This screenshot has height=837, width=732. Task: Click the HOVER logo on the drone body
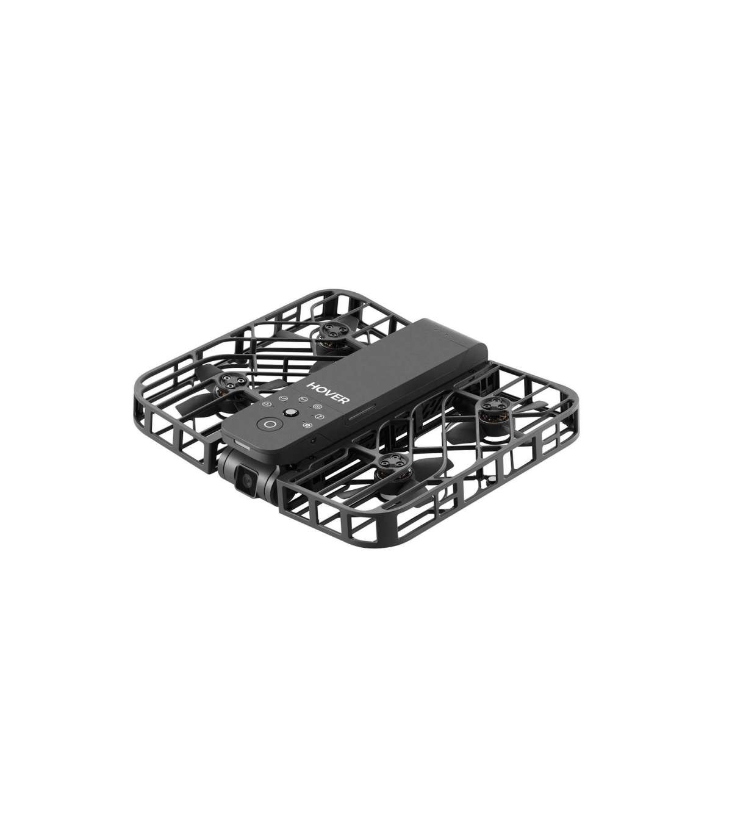(328, 393)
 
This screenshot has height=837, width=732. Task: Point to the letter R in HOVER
(344, 400)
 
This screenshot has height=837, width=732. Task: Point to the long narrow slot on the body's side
(362, 412)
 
